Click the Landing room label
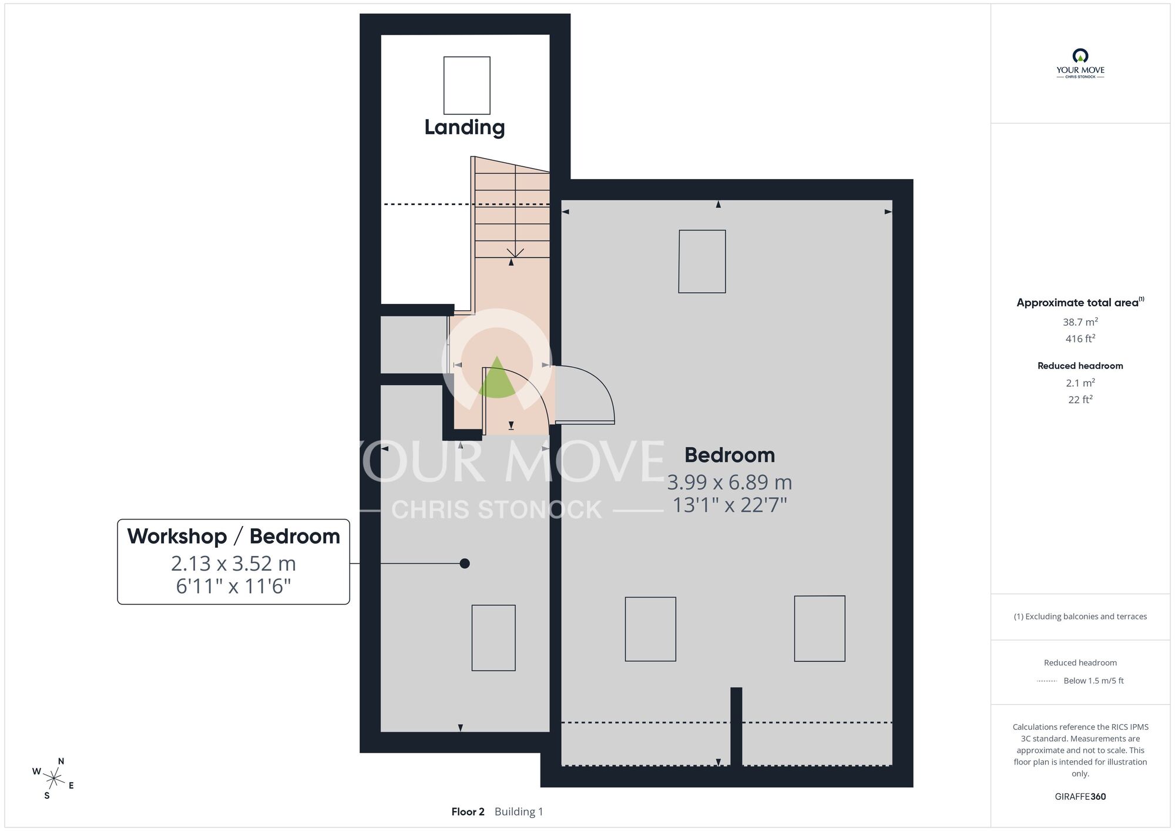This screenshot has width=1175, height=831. point(464,128)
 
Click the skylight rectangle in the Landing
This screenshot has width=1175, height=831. point(467,85)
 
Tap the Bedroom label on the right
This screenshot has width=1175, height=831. point(730,455)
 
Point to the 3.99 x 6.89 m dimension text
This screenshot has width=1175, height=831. point(730,482)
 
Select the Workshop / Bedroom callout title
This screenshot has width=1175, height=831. point(234,536)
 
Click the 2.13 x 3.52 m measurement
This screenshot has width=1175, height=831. point(233,564)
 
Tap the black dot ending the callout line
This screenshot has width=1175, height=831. point(465,564)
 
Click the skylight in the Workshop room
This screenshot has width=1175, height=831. point(493,638)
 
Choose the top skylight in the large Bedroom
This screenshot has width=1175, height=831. point(702,261)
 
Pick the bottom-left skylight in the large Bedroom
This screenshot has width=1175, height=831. point(650,629)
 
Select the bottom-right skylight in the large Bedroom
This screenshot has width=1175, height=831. point(820,628)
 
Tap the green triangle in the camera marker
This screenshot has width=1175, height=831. point(497,378)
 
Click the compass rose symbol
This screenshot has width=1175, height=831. point(53,779)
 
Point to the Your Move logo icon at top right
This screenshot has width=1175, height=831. point(1080,56)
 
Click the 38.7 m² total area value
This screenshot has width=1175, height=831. point(1080,322)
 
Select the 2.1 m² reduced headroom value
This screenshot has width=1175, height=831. point(1080,383)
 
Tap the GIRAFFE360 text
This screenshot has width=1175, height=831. point(1080,797)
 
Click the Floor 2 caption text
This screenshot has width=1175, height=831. point(468,812)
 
